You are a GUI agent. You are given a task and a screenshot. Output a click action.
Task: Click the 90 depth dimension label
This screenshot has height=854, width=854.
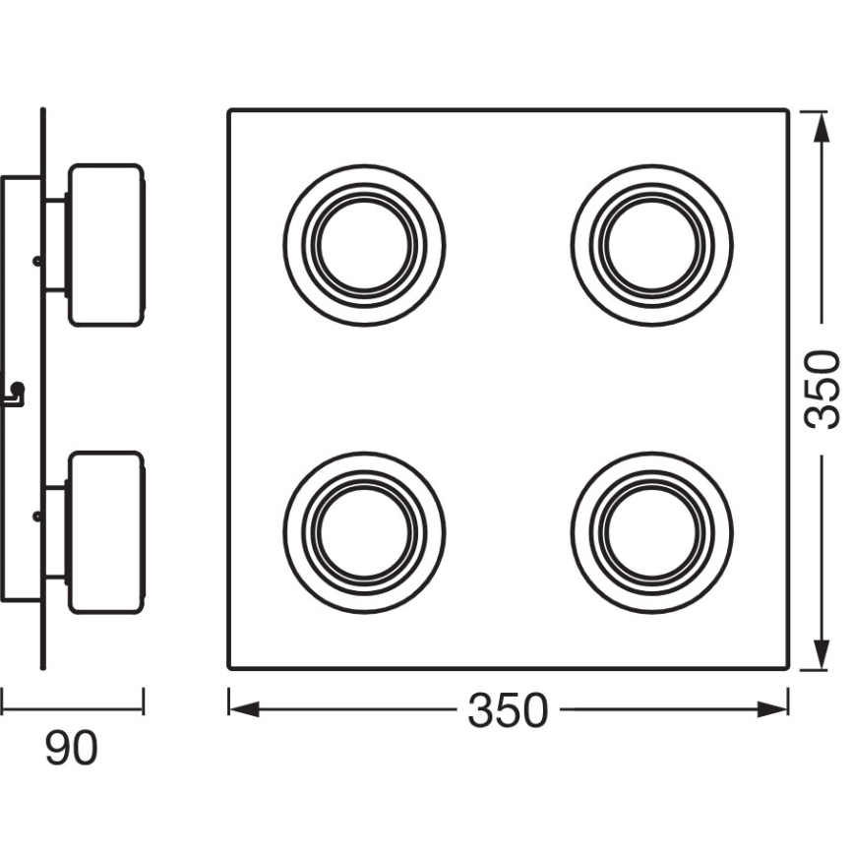(72, 749)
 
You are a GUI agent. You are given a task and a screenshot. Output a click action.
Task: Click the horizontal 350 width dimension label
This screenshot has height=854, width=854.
(507, 710)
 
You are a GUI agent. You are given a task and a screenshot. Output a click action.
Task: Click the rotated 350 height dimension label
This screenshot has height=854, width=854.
(823, 389)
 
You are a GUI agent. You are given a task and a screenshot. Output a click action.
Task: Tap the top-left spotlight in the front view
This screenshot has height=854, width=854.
(364, 244)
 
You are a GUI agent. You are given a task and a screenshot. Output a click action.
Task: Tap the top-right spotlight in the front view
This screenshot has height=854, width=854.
(652, 244)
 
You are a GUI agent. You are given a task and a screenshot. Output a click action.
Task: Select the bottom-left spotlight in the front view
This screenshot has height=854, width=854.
(364, 532)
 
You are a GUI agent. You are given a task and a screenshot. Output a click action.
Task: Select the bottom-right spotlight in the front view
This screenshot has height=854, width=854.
(652, 532)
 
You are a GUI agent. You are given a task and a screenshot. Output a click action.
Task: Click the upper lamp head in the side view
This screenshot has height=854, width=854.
(105, 244)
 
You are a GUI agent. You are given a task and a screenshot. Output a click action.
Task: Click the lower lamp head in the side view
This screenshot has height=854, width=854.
(105, 532)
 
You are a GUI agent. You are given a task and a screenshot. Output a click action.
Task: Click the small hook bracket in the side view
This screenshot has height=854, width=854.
(17, 395)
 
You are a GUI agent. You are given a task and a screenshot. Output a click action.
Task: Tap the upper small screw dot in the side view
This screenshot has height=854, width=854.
(36, 261)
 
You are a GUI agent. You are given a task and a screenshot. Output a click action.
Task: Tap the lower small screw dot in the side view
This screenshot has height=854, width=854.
(36, 514)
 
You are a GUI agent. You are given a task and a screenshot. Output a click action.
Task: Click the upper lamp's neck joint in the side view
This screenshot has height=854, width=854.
(56, 244)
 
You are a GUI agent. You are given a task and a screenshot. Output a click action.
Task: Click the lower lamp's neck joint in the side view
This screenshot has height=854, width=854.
(56, 532)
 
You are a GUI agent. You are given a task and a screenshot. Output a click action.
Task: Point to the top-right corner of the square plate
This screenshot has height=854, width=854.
(787, 110)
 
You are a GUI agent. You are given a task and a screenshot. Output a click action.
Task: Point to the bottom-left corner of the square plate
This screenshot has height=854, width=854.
(230, 668)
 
